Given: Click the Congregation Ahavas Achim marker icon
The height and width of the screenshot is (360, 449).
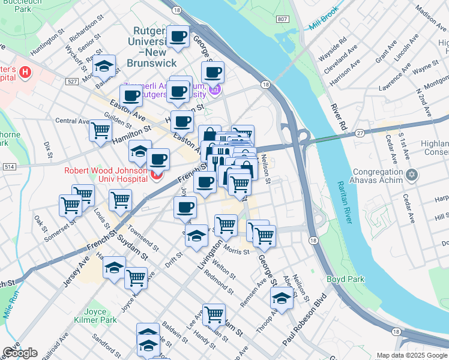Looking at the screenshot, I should pos(411,175).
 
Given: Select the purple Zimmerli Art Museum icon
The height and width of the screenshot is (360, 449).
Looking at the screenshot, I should pos(214,89).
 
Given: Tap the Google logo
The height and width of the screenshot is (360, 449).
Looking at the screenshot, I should pos(19,353).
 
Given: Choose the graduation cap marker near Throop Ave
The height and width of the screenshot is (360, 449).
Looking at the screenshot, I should pos(281,296).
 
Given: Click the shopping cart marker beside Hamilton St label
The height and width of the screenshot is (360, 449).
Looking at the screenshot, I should pos(100,130).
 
